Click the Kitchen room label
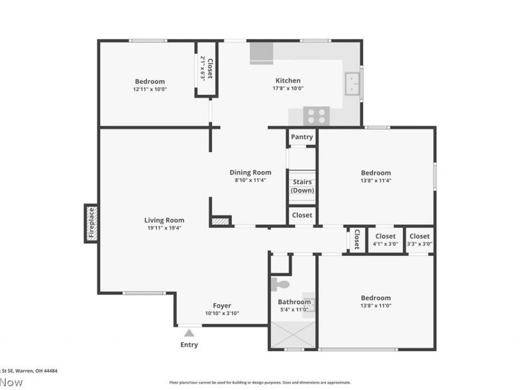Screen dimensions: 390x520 click(x=287, y=81)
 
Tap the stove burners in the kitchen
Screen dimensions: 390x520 click(x=317, y=116)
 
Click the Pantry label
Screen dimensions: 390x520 click(x=302, y=137)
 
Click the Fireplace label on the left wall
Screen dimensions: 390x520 click(x=92, y=224)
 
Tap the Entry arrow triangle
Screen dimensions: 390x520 click(x=189, y=333)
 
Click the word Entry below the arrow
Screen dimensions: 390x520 click(x=189, y=344)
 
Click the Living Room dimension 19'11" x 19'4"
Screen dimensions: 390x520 click(x=164, y=228)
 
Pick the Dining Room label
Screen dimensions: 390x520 click(x=250, y=172)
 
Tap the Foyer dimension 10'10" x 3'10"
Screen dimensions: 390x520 click(x=222, y=313)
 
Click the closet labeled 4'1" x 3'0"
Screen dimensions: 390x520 click(x=385, y=244)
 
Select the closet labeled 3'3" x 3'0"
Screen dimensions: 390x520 click(x=419, y=244)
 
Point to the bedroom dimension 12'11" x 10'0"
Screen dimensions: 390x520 click(x=150, y=89)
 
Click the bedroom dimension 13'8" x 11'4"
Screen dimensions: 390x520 click(x=376, y=181)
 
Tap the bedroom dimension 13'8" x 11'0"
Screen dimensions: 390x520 click(x=376, y=305)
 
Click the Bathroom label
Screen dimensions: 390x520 click(x=294, y=302)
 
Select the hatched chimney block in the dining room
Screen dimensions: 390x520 click(x=221, y=222)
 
